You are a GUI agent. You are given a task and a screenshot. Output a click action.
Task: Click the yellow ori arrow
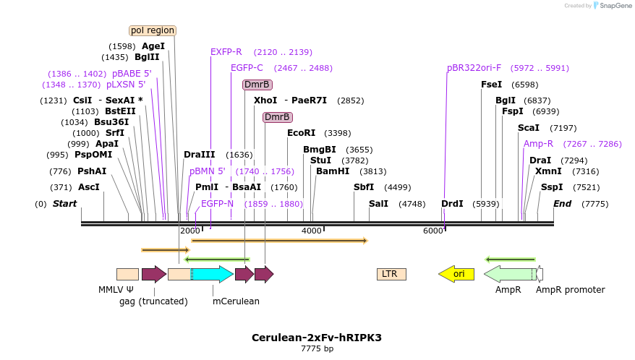pyautogui.click(x=456, y=274)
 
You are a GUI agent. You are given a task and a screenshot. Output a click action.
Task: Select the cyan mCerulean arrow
pyautogui.click(x=212, y=274)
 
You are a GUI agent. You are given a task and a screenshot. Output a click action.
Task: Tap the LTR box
pyautogui.click(x=391, y=274)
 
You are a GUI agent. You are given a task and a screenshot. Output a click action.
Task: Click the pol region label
pyautogui.click(x=153, y=30)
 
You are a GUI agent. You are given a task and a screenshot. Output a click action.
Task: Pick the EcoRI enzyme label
pyautogui.click(x=302, y=133)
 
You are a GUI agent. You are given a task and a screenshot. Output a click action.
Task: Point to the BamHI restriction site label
pyautogui.click(x=333, y=171)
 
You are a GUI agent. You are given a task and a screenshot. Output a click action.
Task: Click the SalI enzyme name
pyautogui.click(x=379, y=204)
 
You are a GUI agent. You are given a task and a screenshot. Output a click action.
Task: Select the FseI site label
pyautogui.click(x=492, y=85)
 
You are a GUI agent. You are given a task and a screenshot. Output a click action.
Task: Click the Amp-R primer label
pyautogui.click(x=539, y=144)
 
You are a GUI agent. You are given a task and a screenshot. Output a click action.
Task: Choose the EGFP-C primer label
pyautogui.click(x=247, y=68)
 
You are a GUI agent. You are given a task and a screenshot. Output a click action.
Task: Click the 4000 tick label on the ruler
pyautogui.click(x=312, y=231)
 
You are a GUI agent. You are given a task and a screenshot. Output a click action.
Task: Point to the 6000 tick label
pyautogui.click(x=433, y=231)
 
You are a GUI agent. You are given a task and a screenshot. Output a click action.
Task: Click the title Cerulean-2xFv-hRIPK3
pyautogui.click(x=317, y=338)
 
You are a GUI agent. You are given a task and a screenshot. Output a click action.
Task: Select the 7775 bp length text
pyautogui.click(x=317, y=349)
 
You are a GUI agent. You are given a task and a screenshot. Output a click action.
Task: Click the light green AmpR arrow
pyautogui.click(x=510, y=274)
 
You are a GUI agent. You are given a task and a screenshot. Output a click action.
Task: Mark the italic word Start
pyautogui.click(x=64, y=204)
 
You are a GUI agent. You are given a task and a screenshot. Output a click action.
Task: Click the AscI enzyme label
pyautogui.click(x=89, y=187)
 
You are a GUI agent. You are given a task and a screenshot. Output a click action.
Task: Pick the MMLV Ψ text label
pyautogui.click(x=116, y=290)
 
